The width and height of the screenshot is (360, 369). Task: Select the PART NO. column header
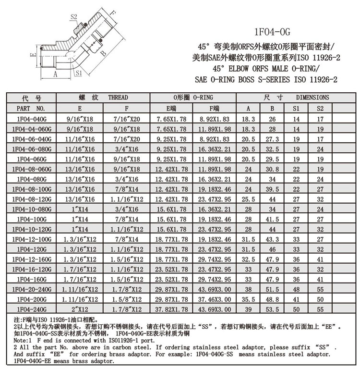point(31,109)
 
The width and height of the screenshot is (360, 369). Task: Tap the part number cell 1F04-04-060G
point(31,129)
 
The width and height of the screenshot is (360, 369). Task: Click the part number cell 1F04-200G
point(31,298)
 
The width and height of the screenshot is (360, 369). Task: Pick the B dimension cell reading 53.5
point(272,309)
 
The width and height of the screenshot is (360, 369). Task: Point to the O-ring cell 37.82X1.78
point(171,309)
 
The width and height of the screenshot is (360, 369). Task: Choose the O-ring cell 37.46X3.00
point(215,298)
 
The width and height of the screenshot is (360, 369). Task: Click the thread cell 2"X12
point(80,309)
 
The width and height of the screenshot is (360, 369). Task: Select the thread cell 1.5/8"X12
point(127,298)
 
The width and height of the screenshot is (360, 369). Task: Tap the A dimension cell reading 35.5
point(248,298)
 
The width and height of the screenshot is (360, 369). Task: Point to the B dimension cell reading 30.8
point(272,169)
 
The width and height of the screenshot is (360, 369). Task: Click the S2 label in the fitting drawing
point(74,17)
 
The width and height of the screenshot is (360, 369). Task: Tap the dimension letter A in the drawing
point(55,74)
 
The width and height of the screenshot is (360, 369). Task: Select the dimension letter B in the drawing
point(103,54)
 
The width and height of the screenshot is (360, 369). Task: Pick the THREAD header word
point(118,98)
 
